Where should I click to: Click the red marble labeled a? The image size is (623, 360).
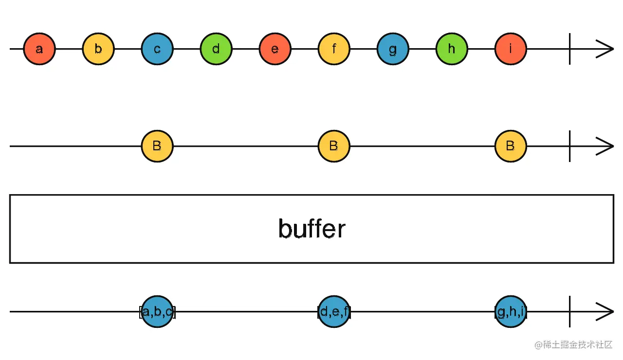point(39,49)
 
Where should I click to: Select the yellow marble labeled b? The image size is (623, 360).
point(98,49)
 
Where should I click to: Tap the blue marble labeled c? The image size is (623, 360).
point(157,49)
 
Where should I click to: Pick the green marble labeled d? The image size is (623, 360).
point(216,49)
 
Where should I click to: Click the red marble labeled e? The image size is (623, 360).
point(275,49)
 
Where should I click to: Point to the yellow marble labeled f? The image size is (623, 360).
point(334,49)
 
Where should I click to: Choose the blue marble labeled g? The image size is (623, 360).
point(393,49)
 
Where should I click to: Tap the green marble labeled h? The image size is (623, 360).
point(452,49)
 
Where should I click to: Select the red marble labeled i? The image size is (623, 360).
point(511,49)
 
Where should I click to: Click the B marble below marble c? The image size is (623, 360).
point(157,146)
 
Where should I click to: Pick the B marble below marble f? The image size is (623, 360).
point(334,146)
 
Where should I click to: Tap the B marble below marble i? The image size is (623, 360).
point(511,146)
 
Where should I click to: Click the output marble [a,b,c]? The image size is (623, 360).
point(157,312)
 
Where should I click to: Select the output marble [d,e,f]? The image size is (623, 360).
point(334,312)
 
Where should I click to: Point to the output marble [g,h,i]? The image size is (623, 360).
point(511,312)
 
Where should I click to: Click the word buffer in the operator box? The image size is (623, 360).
point(312,229)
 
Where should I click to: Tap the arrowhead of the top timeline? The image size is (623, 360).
point(605,49)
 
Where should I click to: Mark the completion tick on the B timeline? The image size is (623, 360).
point(570,146)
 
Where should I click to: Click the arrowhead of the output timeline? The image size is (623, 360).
point(605,312)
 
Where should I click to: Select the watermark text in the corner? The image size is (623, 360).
point(573,345)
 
